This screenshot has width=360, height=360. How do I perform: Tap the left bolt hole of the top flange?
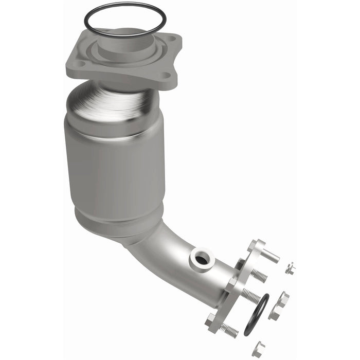coord(81,64)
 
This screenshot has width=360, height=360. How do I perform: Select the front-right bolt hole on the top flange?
coord(165,75)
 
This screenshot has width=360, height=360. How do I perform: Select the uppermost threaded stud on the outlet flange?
coord(259,276)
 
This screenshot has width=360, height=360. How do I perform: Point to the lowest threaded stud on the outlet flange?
coord(228,331)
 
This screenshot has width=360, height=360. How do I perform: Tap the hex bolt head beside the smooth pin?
coord(256,245)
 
